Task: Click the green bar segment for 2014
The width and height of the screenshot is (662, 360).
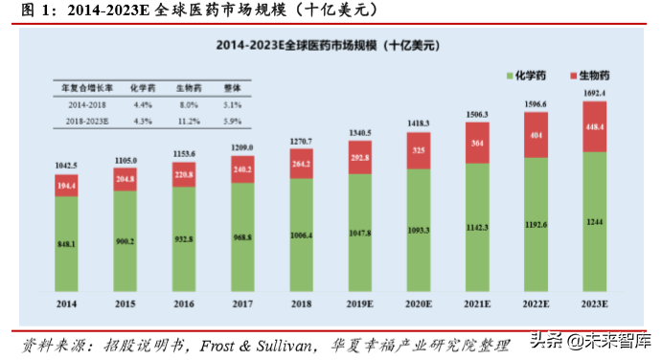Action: pyautogui.click(x=66, y=244)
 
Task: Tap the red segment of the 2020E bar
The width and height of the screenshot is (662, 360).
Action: pyautogui.click(x=419, y=150)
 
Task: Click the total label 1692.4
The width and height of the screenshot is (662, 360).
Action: pyautogui.click(x=594, y=94)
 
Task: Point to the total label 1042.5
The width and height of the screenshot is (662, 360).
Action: pyautogui.click(x=66, y=167)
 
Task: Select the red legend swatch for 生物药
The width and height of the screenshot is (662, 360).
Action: pyautogui.click(x=572, y=74)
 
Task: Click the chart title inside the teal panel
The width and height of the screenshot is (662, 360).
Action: pyautogui.click(x=330, y=45)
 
